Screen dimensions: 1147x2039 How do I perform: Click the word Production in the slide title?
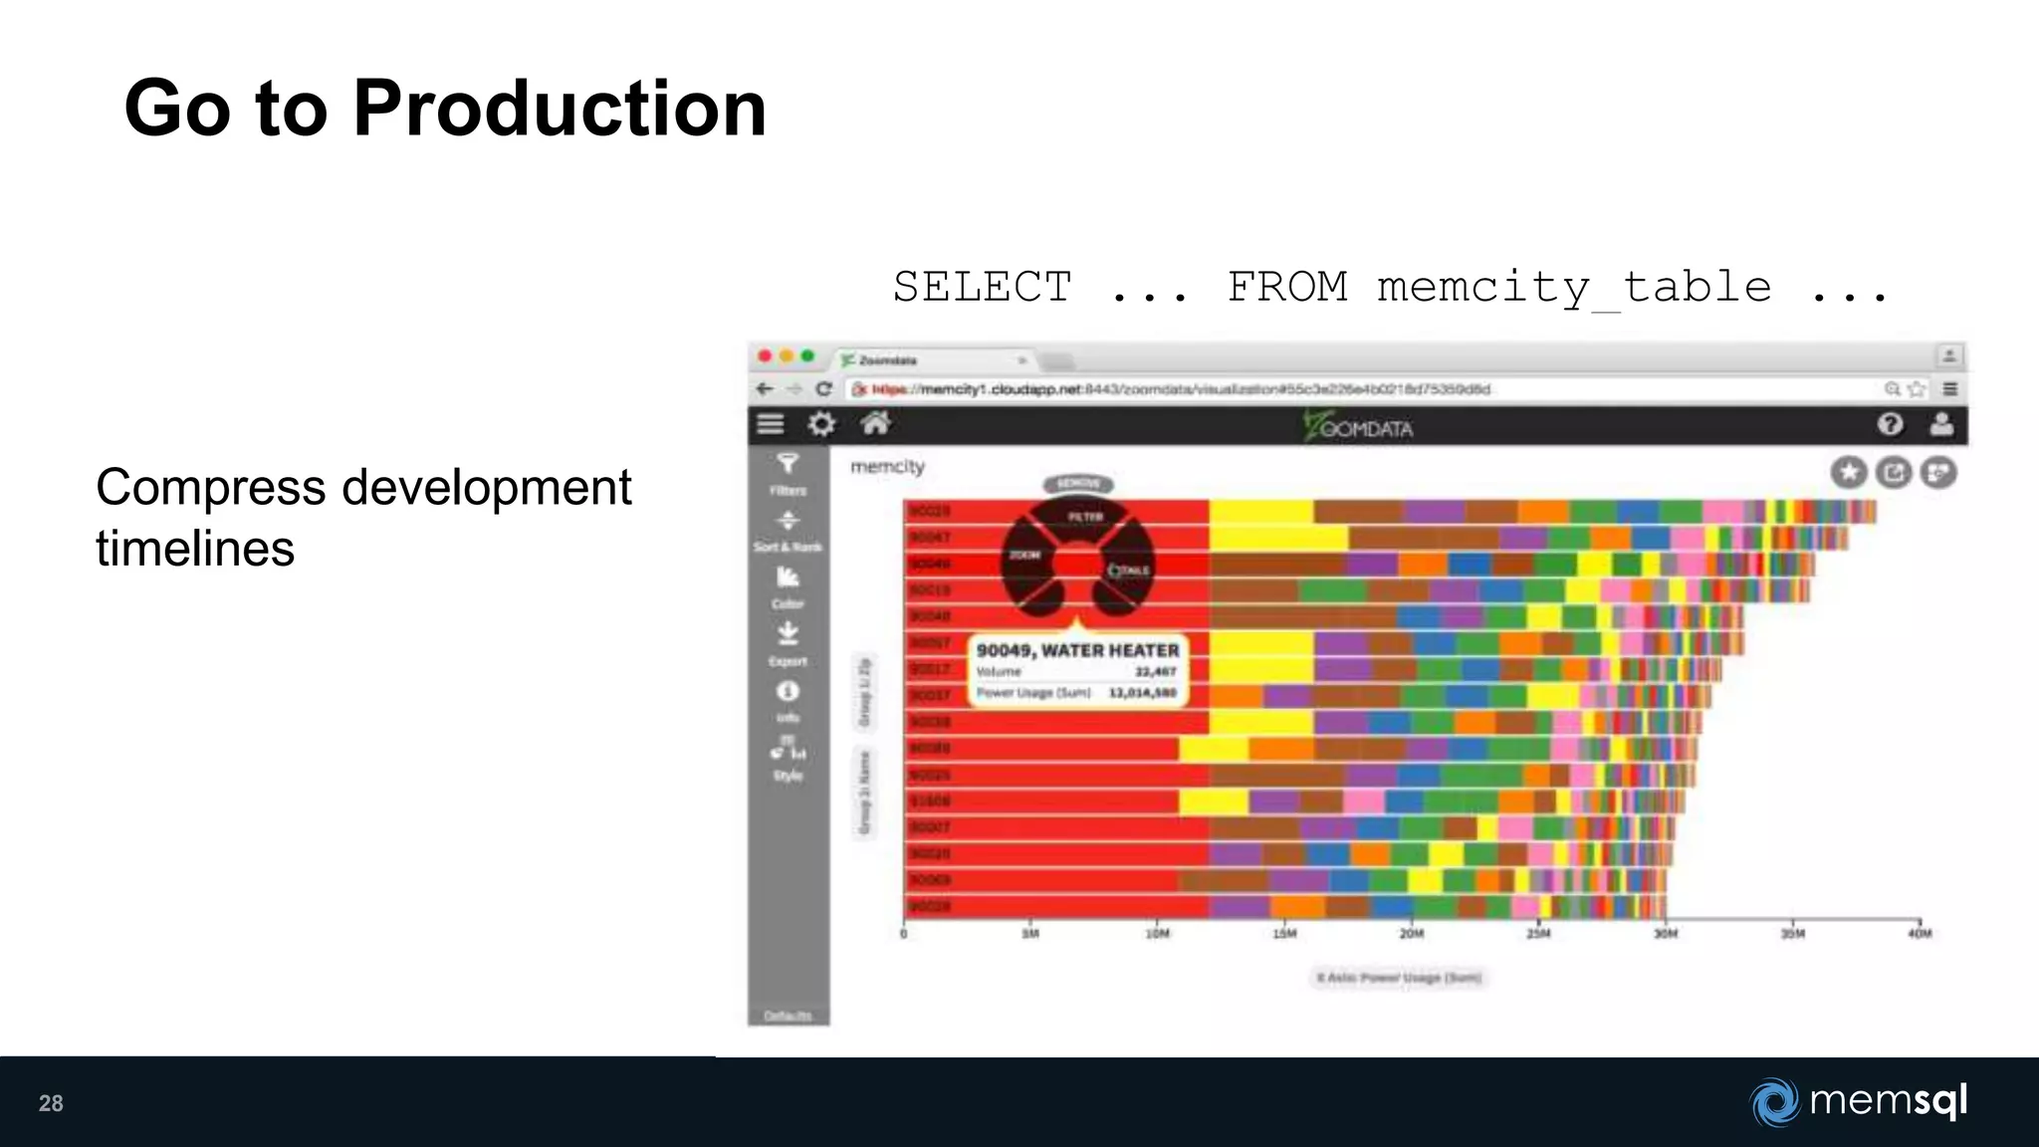coord(559,109)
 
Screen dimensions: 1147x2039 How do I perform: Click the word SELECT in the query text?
coord(982,288)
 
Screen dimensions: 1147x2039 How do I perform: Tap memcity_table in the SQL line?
coord(1573,288)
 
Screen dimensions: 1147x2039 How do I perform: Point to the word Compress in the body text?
coord(211,488)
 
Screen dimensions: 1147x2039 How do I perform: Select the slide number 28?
coord(51,1103)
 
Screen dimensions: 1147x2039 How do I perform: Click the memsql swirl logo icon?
coord(1774,1102)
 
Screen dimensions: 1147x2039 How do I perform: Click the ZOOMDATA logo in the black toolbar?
coord(1358,427)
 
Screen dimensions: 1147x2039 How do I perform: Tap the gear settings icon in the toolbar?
coord(821,425)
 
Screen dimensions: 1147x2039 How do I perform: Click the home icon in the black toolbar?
coord(875,424)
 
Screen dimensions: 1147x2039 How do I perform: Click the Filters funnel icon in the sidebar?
coord(788,464)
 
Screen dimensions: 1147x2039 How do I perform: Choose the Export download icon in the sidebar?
coord(788,634)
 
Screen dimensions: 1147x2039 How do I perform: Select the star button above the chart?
coord(1849,472)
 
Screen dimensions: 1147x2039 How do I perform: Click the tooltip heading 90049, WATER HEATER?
coord(1077,650)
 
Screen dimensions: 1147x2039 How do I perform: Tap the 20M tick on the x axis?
coord(1412,934)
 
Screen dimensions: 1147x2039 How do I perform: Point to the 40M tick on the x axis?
coord(1920,934)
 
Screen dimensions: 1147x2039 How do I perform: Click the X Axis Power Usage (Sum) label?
coord(1399,978)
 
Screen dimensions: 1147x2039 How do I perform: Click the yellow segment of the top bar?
coord(1260,512)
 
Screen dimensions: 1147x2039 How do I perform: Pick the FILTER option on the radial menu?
coord(1085,517)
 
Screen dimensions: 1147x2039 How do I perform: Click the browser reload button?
coord(823,389)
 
